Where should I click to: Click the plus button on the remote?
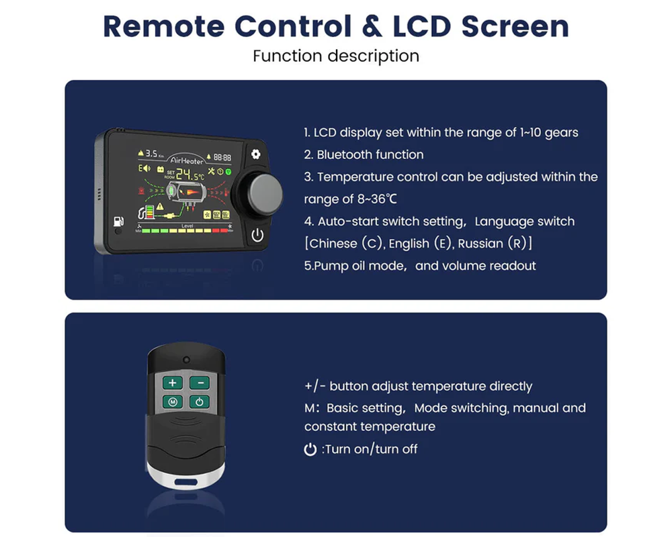[x=172, y=383]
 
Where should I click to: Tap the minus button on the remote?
[x=199, y=383]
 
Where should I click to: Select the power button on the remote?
[x=199, y=402]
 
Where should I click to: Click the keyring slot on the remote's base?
[x=185, y=481]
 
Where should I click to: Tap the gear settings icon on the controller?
[x=255, y=154]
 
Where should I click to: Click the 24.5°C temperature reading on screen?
[x=192, y=175]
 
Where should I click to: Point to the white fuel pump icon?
[x=119, y=221]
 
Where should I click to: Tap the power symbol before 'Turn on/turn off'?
[x=310, y=449]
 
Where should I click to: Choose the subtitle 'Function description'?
[x=335, y=56]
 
